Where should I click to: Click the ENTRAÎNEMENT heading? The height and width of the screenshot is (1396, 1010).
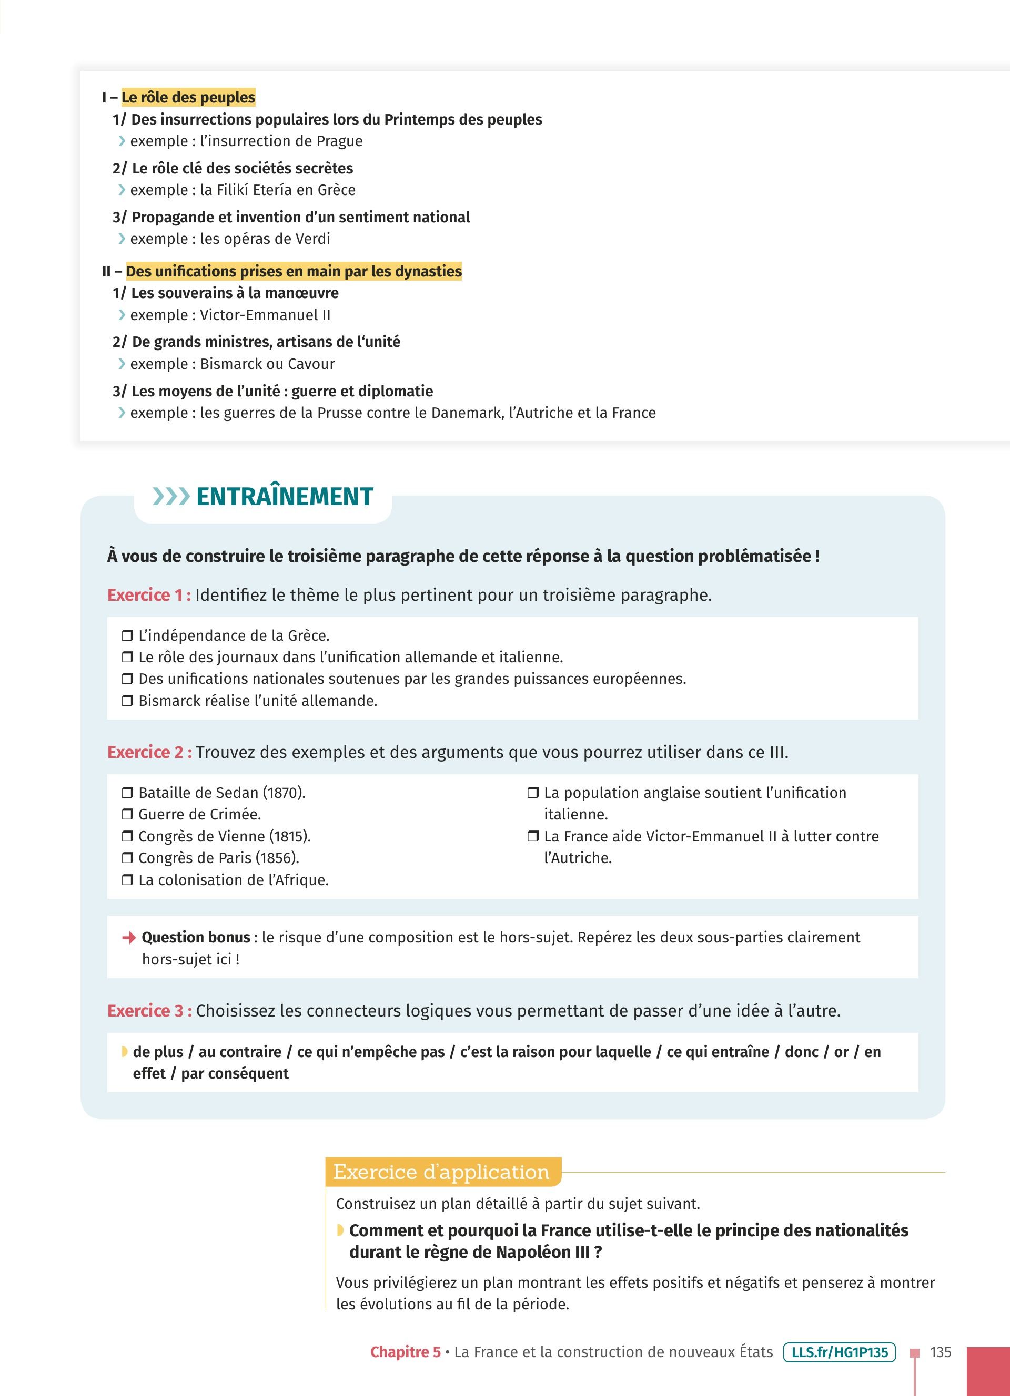pos(284,497)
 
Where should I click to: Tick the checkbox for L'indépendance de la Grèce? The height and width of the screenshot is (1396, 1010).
pos(127,635)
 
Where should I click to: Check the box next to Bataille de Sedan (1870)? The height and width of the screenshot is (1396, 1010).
pos(127,793)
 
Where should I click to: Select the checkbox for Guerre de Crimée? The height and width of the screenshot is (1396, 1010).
pos(127,814)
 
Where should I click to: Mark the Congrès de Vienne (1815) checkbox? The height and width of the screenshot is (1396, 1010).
pos(127,836)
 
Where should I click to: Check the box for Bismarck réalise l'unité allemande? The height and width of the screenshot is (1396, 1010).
pos(127,701)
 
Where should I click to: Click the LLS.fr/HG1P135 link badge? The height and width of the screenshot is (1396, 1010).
pos(839,1352)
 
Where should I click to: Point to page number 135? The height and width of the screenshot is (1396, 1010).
pos(941,1352)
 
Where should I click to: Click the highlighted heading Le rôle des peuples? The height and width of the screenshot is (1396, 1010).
pos(188,97)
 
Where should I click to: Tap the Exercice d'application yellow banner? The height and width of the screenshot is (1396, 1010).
pos(441,1172)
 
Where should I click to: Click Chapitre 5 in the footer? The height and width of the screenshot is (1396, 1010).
pos(405,1352)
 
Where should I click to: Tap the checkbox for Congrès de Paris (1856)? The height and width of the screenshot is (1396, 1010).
pos(127,858)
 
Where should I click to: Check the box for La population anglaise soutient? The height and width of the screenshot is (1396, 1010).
pos(533,793)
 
